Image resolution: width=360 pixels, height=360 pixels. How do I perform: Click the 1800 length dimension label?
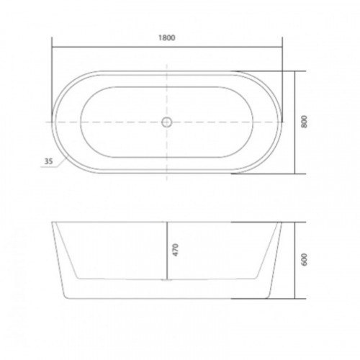[x=167, y=37]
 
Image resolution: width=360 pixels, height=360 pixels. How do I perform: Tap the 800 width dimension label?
[x=304, y=122]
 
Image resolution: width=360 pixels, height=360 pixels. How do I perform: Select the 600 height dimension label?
[x=304, y=259]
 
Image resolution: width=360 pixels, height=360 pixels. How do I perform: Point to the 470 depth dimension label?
[x=176, y=250]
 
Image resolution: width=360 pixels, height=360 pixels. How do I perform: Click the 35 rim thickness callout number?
[x=48, y=161]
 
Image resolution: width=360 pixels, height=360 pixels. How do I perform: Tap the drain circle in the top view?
[x=166, y=122]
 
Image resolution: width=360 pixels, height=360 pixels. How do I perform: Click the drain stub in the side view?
[x=167, y=280]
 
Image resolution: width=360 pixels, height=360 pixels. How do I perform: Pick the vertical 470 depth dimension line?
[x=167, y=251]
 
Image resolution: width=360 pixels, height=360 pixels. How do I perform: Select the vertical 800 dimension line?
[x=294, y=122]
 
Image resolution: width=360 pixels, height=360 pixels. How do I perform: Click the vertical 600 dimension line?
[x=294, y=261]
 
